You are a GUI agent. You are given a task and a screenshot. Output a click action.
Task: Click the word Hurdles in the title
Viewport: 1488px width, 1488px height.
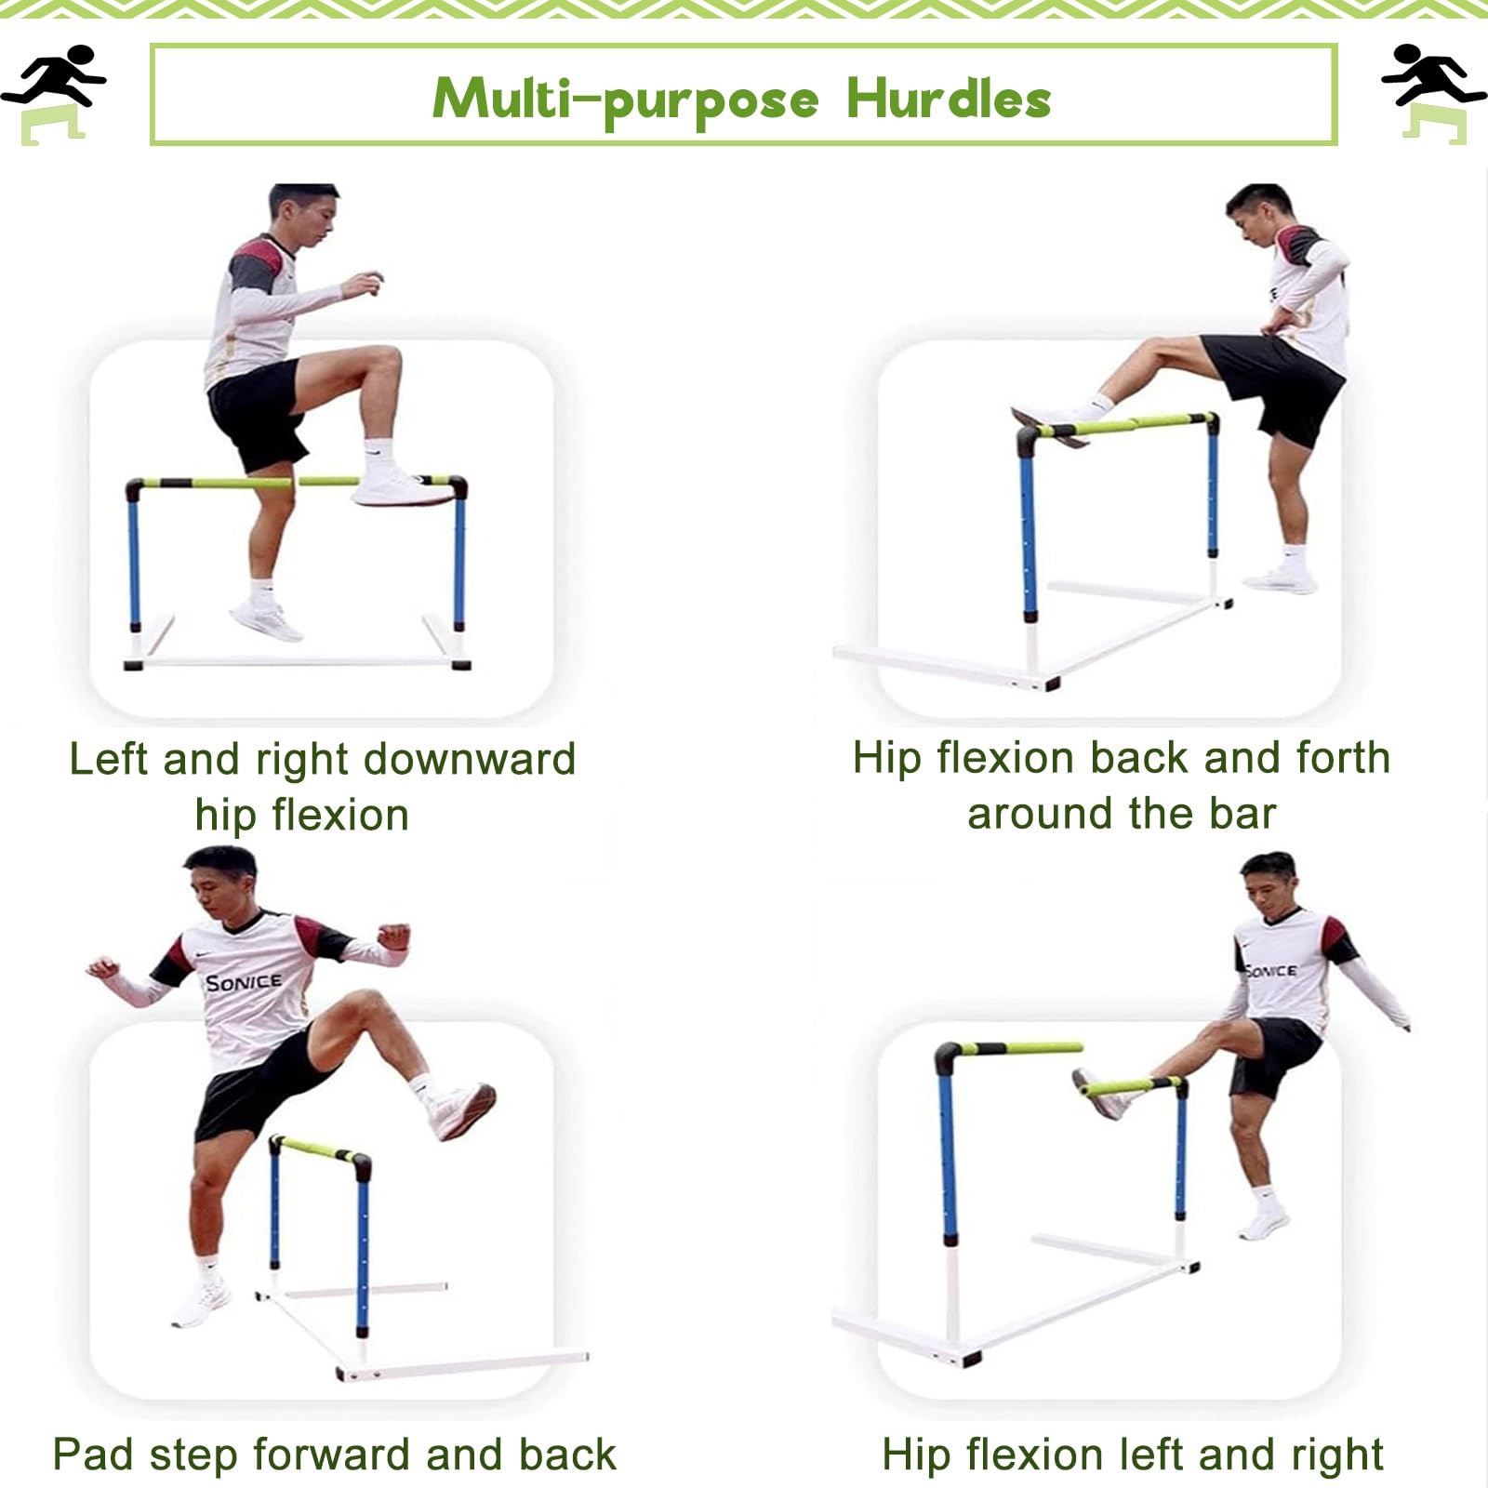(949, 99)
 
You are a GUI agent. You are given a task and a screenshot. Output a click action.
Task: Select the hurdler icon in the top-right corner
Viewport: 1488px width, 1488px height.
(1432, 93)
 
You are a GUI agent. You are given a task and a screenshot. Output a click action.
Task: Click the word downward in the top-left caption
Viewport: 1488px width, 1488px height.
(470, 760)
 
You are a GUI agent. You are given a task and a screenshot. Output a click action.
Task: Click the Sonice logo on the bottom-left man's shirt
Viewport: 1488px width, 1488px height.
(244, 982)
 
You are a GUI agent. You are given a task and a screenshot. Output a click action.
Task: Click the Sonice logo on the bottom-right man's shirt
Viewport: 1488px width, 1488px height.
(1270, 970)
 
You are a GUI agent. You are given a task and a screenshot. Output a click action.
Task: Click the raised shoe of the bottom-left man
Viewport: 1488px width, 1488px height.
(462, 1109)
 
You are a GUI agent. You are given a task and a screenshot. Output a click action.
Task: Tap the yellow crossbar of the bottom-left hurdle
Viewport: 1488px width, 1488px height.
(316, 1149)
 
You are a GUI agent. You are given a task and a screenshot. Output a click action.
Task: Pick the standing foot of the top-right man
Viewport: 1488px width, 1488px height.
(1282, 581)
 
